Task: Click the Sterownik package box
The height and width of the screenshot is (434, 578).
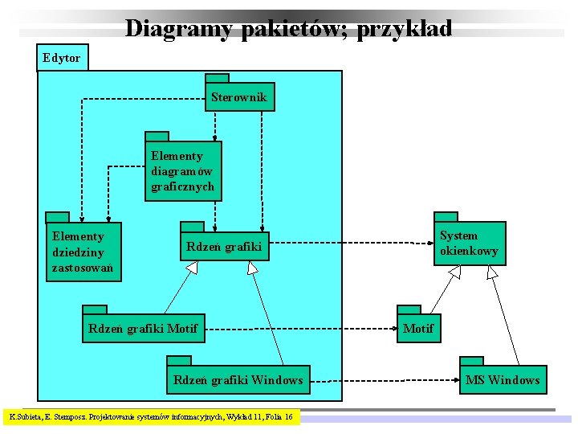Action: tap(240, 97)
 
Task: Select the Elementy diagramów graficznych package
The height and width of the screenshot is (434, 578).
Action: tap(183, 171)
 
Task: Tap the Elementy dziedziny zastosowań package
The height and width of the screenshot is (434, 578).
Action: tap(83, 252)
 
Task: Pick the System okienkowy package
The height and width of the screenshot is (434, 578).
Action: tap(470, 244)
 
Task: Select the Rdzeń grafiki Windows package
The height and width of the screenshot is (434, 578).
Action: tap(238, 379)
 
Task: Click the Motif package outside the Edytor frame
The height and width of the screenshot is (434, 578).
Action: tap(418, 328)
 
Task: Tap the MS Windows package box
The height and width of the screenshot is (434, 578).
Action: tap(503, 379)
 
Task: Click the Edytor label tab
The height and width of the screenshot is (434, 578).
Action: tap(62, 57)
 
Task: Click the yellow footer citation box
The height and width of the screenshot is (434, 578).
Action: tap(151, 417)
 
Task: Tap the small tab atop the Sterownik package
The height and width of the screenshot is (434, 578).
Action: tap(217, 78)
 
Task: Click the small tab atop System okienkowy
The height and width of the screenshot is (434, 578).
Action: tap(446, 216)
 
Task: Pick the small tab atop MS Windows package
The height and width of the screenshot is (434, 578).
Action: tap(470, 360)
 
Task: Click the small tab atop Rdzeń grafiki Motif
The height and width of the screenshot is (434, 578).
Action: tap(95, 309)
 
